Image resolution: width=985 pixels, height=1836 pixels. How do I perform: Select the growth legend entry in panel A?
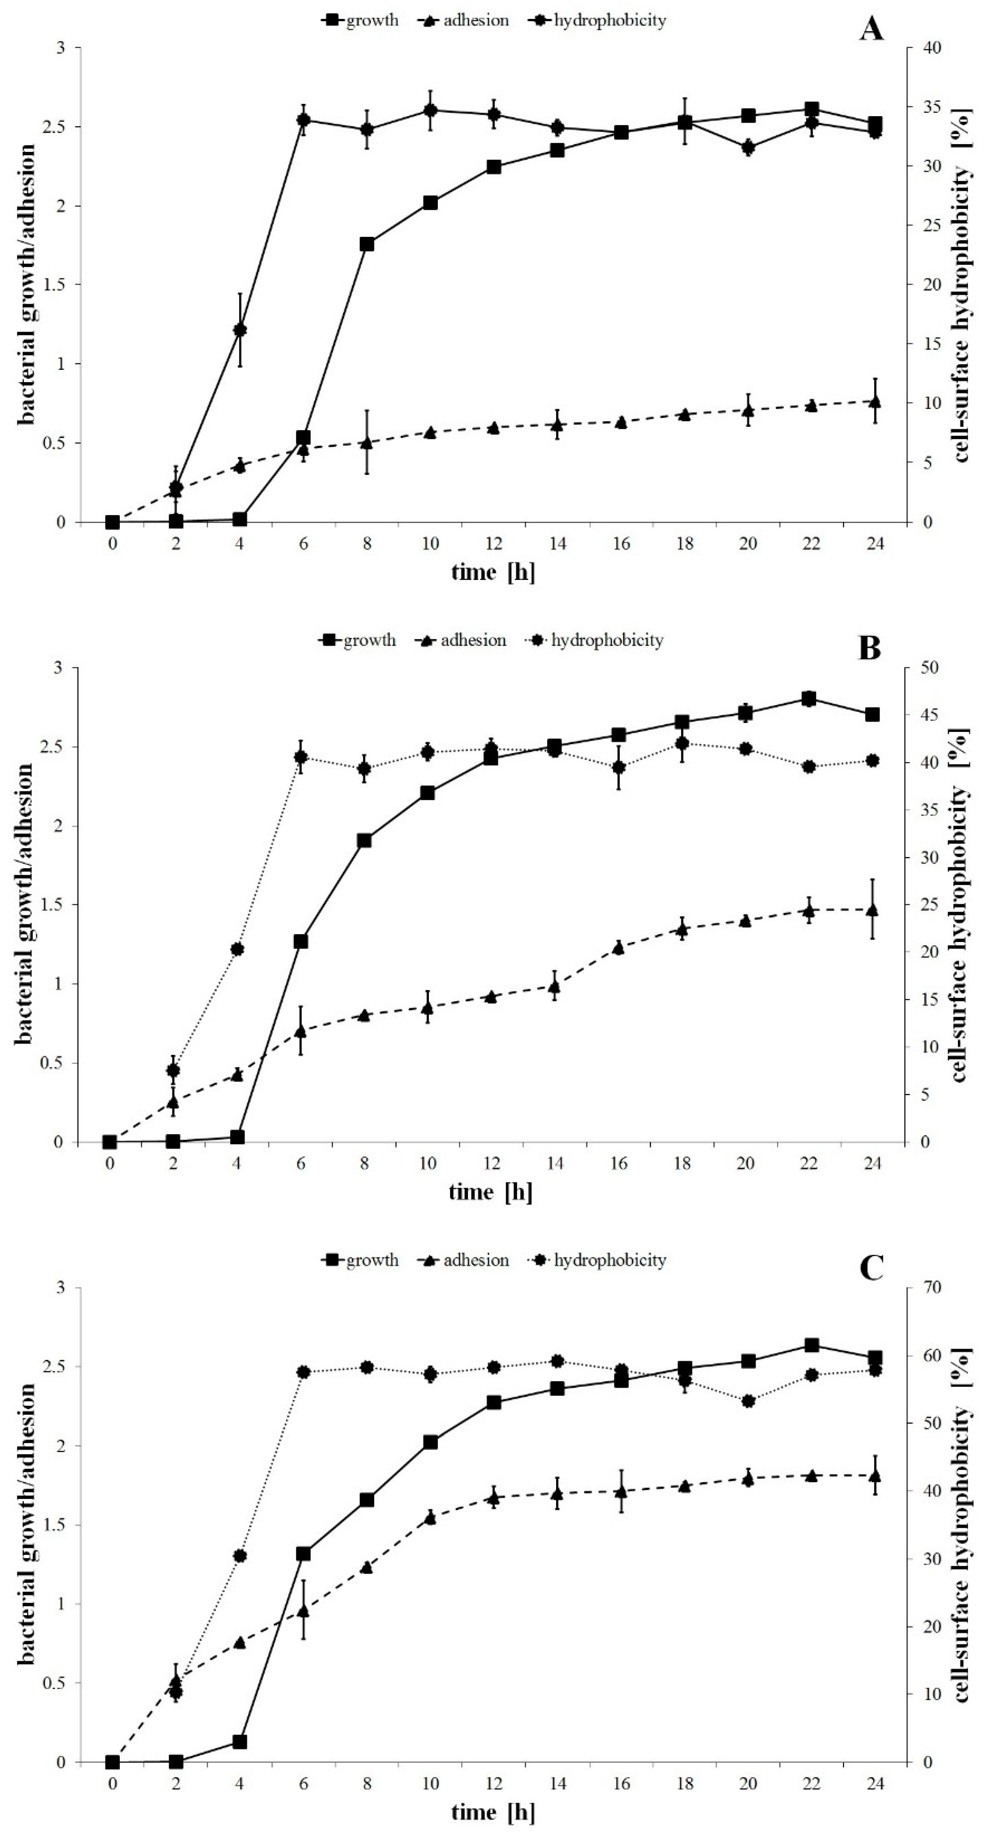pyautogui.click(x=361, y=20)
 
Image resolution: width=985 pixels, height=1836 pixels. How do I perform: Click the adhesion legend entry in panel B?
pyautogui.click(x=461, y=640)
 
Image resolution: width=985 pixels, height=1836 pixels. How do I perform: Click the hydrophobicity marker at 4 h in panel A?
pyautogui.click(x=240, y=329)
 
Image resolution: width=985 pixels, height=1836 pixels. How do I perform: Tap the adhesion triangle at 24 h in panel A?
pyautogui.click(x=875, y=401)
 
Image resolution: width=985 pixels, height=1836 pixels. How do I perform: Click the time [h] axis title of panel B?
pyautogui.click(x=490, y=1192)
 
